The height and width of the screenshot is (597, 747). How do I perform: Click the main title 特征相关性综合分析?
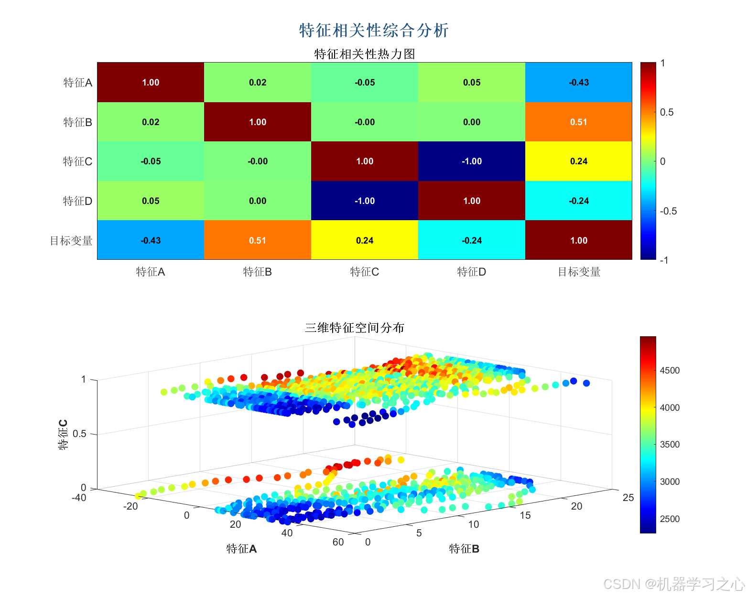pyautogui.click(x=374, y=31)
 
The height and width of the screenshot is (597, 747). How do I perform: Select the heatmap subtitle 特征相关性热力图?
pyautogui.click(x=364, y=54)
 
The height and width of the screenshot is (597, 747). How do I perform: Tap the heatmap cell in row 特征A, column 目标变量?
pyautogui.click(x=578, y=82)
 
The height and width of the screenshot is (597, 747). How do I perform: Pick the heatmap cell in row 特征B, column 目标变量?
pyautogui.click(x=578, y=122)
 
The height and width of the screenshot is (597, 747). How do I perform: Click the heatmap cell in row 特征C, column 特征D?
pyautogui.click(x=471, y=161)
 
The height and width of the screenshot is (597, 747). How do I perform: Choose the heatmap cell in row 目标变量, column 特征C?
pyautogui.click(x=364, y=240)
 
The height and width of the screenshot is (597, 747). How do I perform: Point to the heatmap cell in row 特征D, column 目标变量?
pyautogui.click(x=578, y=201)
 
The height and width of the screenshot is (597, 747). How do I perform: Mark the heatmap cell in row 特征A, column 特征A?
pyautogui.click(x=151, y=82)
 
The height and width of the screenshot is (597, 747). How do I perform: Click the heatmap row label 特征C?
pyautogui.click(x=77, y=161)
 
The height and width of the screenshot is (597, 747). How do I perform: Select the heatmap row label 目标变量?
pyautogui.click(x=71, y=241)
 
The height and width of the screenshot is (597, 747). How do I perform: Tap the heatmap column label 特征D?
pyautogui.click(x=471, y=272)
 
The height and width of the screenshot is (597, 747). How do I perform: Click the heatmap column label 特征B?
pyautogui.click(x=257, y=272)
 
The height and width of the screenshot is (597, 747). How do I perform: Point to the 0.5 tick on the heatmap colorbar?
pyautogui.click(x=666, y=112)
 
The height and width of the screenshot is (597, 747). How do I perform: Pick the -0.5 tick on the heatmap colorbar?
pyautogui.click(x=668, y=211)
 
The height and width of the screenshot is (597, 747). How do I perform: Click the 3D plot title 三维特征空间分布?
pyautogui.click(x=355, y=328)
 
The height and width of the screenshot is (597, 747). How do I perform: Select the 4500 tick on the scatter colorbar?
pyautogui.click(x=670, y=371)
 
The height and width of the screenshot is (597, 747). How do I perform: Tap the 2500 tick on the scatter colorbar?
pyautogui.click(x=670, y=519)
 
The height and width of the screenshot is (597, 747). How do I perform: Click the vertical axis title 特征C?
pyautogui.click(x=63, y=435)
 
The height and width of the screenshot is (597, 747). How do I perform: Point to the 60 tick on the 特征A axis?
pyautogui.click(x=338, y=542)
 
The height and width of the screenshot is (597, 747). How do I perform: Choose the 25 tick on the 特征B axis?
pyautogui.click(x=628, y=498)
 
